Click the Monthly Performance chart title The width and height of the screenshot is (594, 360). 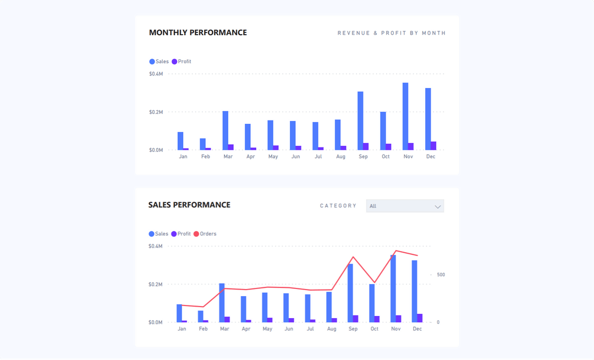pos(198,32)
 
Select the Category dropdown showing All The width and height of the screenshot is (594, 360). pos(405,206)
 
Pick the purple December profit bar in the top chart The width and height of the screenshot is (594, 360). pos(433,146)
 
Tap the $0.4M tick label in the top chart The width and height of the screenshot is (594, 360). pos(156,74)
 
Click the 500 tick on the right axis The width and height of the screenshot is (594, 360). pos(441,275)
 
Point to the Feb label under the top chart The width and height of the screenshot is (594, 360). pos(206,157)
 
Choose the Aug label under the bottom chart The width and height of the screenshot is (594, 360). pos(332,329)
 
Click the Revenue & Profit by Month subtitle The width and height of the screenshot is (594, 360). pos(391,33)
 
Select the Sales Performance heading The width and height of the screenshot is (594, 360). pos(189,205)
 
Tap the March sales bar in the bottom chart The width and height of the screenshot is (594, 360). pos(222,303)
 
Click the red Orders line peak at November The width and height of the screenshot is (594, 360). pos(396,250)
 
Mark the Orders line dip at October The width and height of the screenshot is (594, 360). pos(375,282)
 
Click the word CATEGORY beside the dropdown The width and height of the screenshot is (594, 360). pos(338,206)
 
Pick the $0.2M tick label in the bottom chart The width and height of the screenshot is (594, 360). pos(156,285)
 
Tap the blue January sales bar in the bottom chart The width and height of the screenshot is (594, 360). pos(179,313)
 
